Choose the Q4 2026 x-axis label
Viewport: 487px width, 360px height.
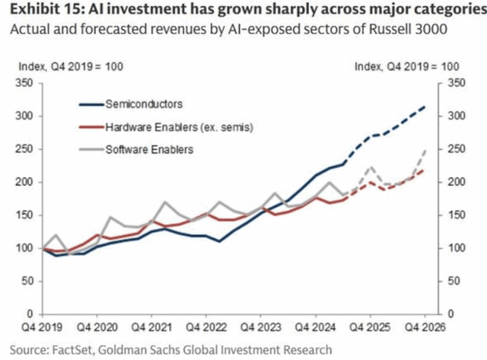click(423, 329)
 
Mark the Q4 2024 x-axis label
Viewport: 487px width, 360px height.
click(314, 329)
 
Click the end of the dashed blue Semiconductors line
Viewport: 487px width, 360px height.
click(425, 107)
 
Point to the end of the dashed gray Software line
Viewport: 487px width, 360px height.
click(425, 151)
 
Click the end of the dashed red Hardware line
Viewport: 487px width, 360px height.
click(425, 170)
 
